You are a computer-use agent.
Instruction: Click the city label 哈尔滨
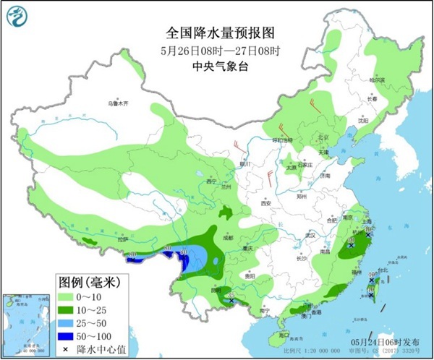378,80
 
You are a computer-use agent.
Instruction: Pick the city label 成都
229,236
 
